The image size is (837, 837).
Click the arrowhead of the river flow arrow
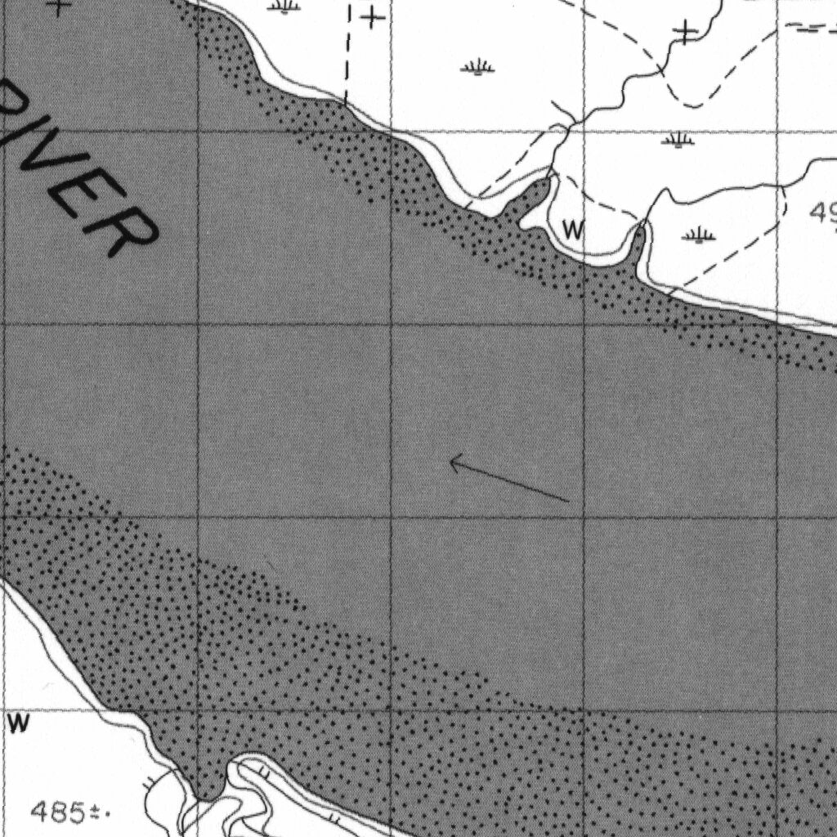tap(452, 463)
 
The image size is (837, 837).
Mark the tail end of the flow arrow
tap(568, 499)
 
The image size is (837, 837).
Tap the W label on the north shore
tap(574, 231)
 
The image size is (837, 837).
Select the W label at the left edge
tap(18, 723)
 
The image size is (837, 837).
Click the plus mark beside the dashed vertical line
tap(372, 16)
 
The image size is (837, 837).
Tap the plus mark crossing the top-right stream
tap(685, 33)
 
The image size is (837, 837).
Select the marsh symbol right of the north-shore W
tap(699, 236)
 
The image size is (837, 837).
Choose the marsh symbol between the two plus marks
tap(477, 67)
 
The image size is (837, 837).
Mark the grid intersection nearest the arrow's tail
tap(584, 517)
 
